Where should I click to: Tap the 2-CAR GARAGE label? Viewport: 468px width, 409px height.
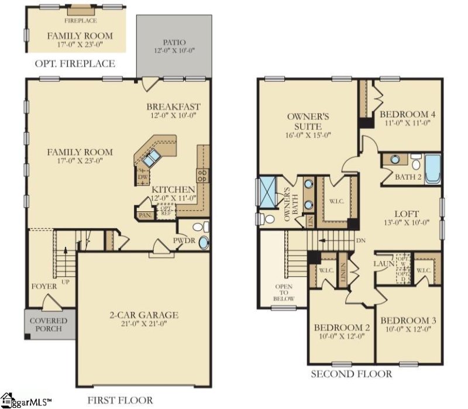tap(145, 315)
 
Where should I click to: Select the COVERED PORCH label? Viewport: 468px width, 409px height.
tap(49, 325)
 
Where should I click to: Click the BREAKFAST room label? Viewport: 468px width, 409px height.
tap(173, 106)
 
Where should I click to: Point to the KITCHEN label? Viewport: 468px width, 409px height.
tap(173, 190)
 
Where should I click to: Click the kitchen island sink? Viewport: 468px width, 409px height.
tap(153, 157)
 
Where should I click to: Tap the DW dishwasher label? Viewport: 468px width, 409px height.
tap(142, 176)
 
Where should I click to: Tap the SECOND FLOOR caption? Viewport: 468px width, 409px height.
tap(351, 374)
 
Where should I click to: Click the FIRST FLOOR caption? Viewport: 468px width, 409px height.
tap(120, 400)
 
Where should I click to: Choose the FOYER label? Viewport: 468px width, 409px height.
tap(44, 286)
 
